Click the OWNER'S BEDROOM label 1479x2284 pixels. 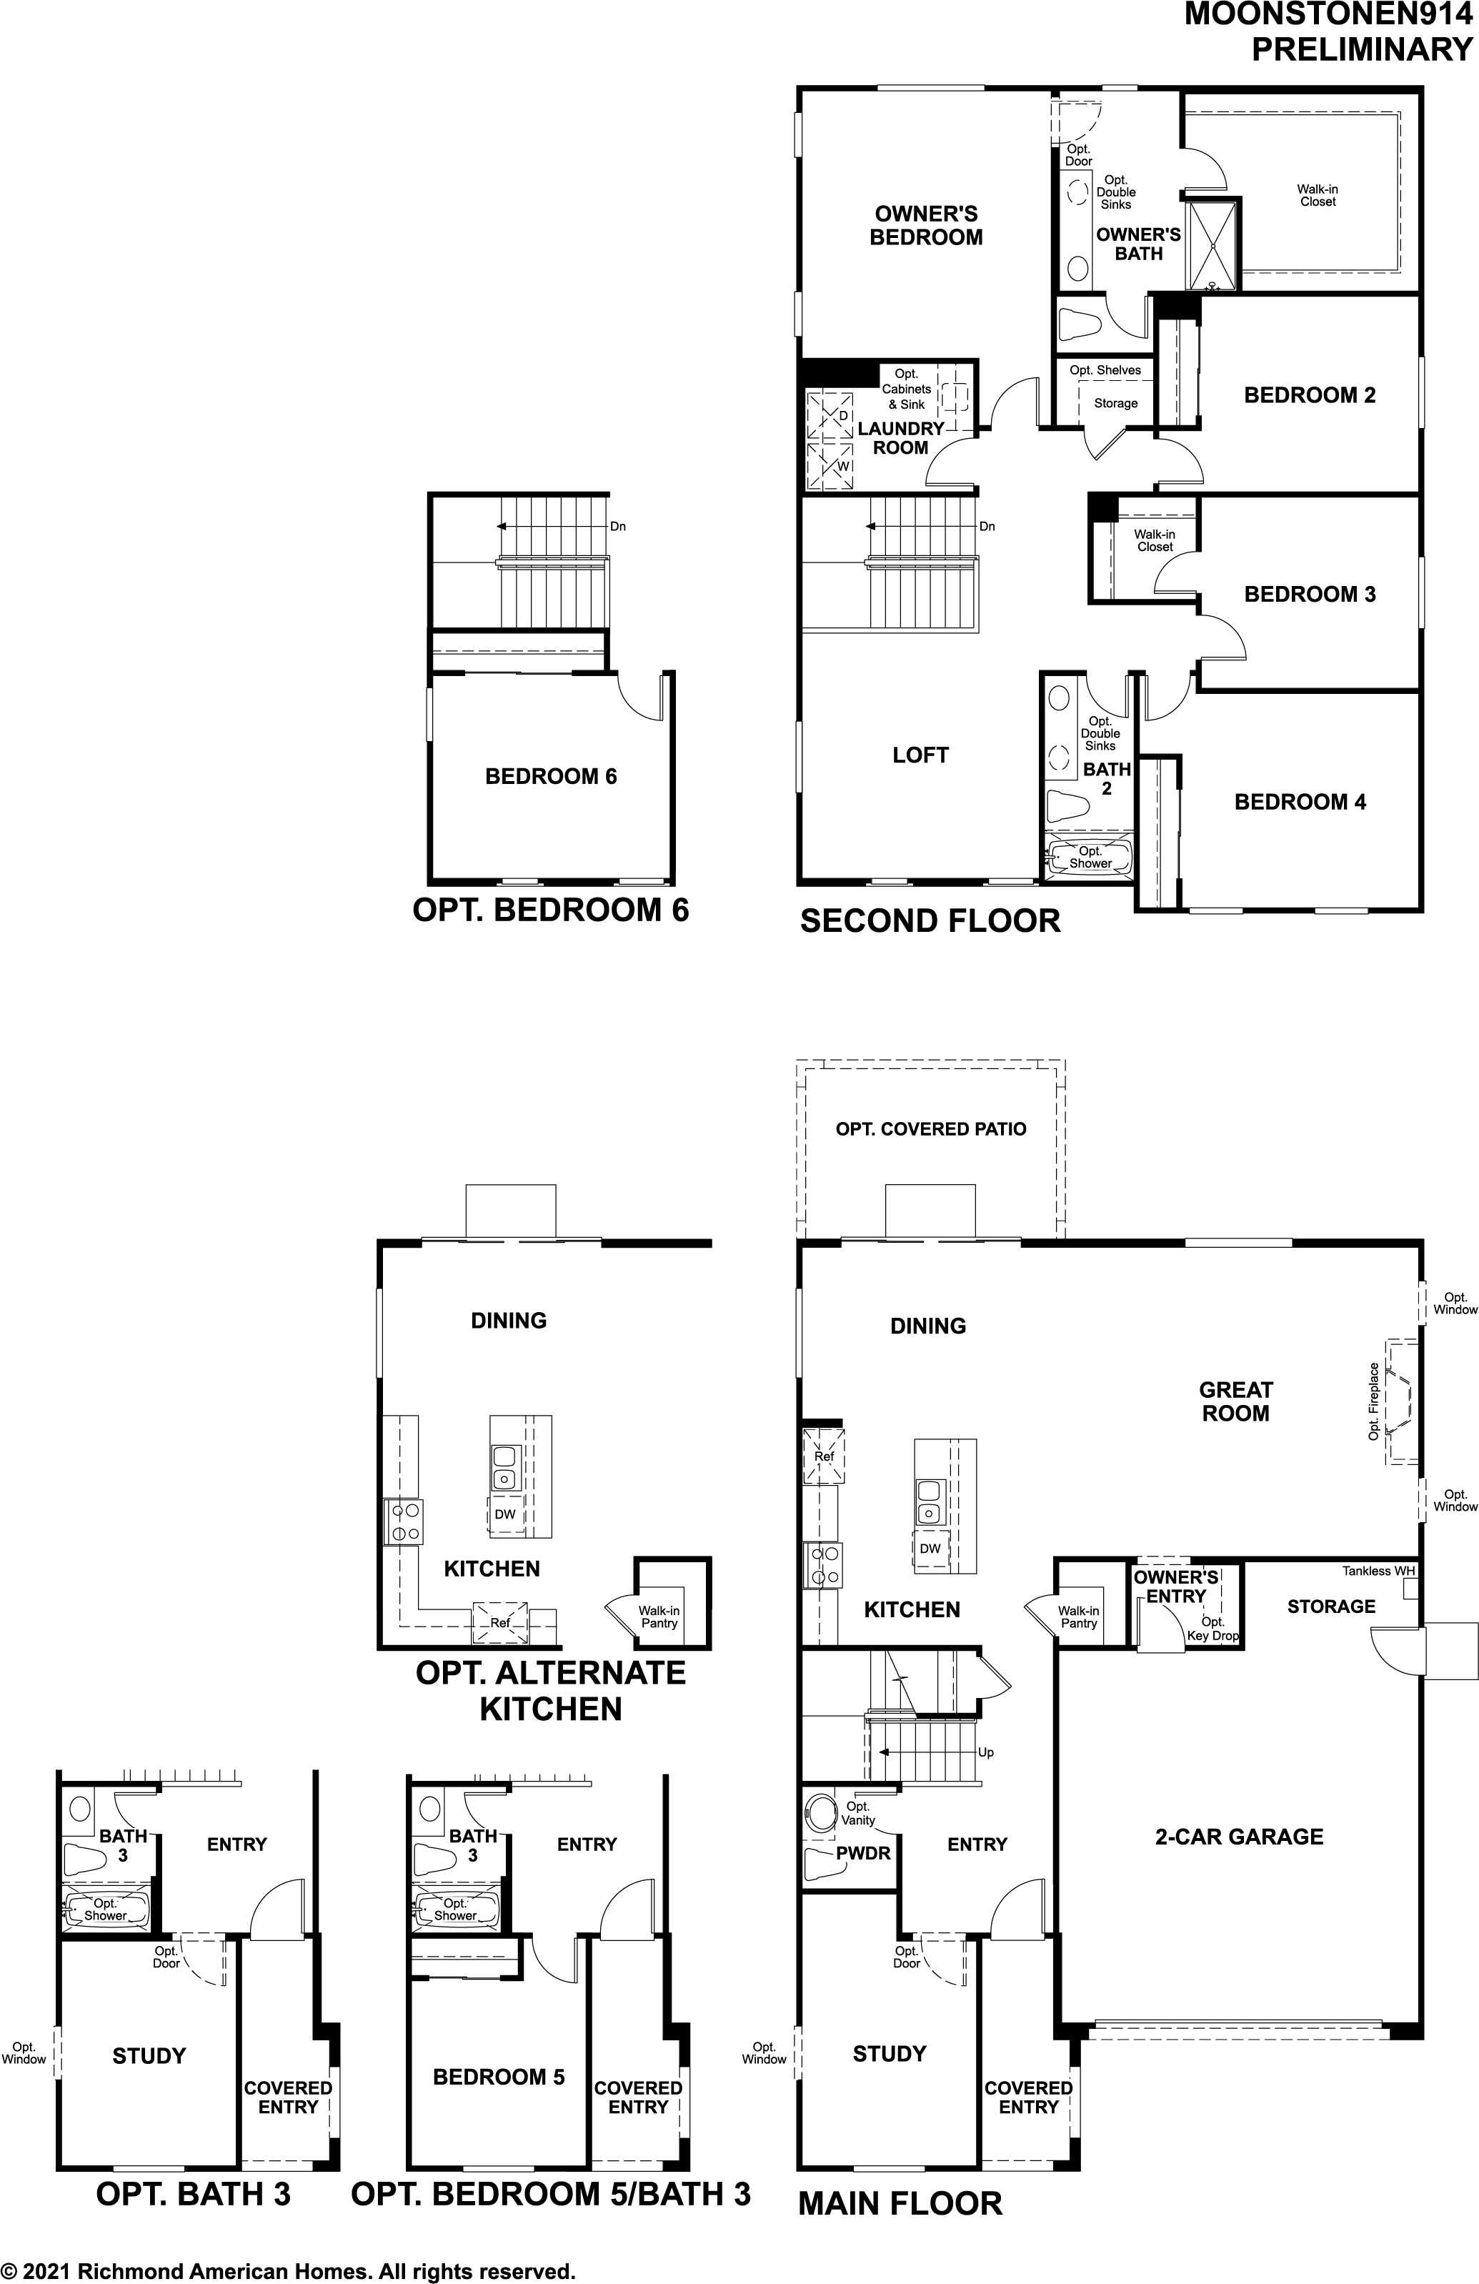(x=925, y=226)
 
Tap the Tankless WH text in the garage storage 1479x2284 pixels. (x=1378, y=1571)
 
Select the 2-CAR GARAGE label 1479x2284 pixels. (x=1238, y=1836)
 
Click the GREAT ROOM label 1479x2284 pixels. (x=1235, y=1401)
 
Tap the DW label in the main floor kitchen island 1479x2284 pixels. (x=929, y=1549)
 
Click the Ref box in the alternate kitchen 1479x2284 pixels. (x=500, y=1623)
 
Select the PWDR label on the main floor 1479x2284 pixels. (x=863, y=1853)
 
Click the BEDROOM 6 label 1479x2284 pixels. (x=551, y=776)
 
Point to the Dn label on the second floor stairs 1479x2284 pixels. (x=987, y=527)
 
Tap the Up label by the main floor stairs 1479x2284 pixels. (x=986, y=1752)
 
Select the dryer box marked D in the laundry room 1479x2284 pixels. (x=830, y=415)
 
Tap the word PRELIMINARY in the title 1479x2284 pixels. (x=1361, y=49)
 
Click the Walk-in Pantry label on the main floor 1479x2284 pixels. (x=1079, y=1617)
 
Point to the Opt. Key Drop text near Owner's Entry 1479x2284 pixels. (x=1212, y=1629)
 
